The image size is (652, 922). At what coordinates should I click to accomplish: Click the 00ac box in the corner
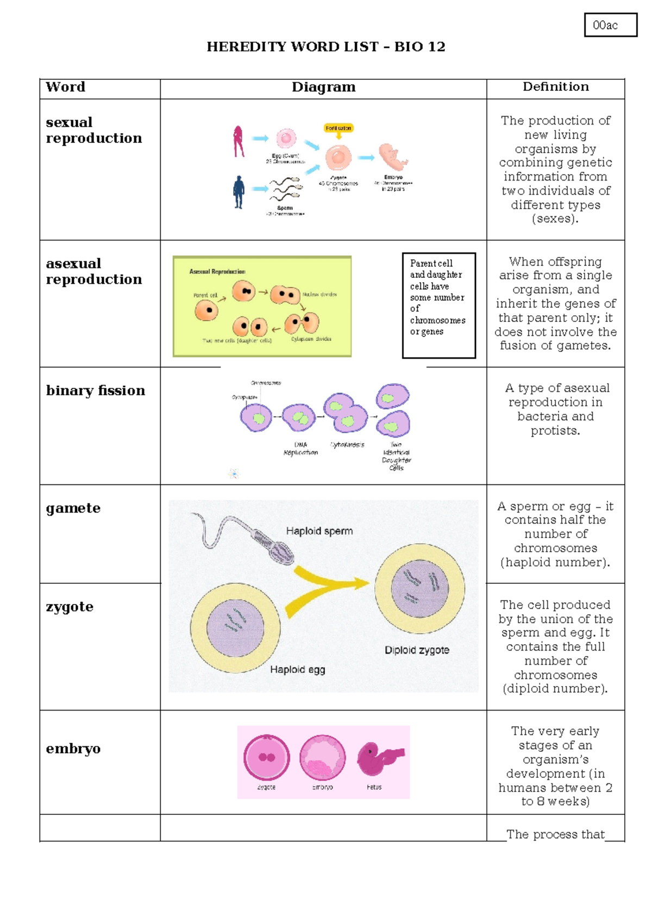point(610,25)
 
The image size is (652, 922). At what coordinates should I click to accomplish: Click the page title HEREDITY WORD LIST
point(325,47)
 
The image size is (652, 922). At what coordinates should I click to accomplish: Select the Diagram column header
point(323,87)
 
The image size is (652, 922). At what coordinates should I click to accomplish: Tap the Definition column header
point(555,87)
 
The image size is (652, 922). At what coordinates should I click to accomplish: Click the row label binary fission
point(96,390)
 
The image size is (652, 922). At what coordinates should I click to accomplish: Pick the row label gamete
point(73,508)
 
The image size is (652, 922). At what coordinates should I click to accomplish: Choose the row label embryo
point(73,749)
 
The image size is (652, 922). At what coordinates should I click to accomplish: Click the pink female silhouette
point(238,141)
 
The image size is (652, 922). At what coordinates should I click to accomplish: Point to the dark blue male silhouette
point(239,192)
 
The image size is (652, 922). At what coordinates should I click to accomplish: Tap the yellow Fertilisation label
point(338,128)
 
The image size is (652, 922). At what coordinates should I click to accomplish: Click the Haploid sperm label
point(319,531)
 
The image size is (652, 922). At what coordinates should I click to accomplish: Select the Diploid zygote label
point(417,650)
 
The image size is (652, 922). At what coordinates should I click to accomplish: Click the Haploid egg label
point(297,670)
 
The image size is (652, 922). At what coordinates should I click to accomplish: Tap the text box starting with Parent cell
point(438,305)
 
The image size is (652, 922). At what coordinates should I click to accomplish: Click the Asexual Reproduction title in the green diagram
point(217,272)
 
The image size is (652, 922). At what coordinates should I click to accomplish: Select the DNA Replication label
point(300,448)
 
